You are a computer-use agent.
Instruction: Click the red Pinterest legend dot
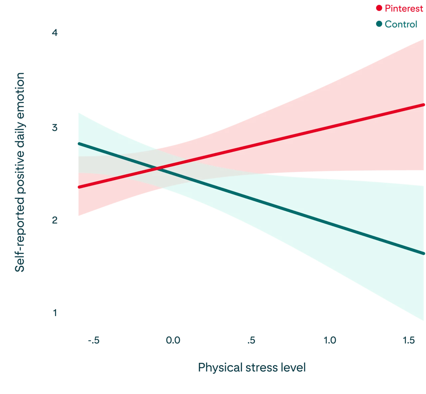(x=379, y=8)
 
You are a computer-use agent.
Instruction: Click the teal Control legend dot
(x=379, y=24)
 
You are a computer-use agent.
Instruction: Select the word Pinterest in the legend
(x=403, y=9)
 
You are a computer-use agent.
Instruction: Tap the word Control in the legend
(x=401, y=24)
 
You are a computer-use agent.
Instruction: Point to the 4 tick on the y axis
(x=55, y=33)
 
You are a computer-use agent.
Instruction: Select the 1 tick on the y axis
(x=55, y=313)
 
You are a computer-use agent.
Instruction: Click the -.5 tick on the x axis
(x=94, y=340)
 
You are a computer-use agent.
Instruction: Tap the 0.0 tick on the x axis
(x=173, y=340)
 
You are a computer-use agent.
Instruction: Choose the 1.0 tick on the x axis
(x=330, y=340)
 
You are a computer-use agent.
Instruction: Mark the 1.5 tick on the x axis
(x=408, y=340)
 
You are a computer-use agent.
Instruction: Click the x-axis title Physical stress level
(x=252, y=368)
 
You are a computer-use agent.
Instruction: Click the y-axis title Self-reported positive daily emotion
(x=20, y=173)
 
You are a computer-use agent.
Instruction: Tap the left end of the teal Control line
(x=79, y=144)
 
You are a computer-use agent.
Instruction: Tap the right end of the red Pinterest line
(x=424, y=105)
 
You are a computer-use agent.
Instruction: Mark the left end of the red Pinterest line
(x=79, y=187)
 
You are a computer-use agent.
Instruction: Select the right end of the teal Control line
(x=424, y=254)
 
